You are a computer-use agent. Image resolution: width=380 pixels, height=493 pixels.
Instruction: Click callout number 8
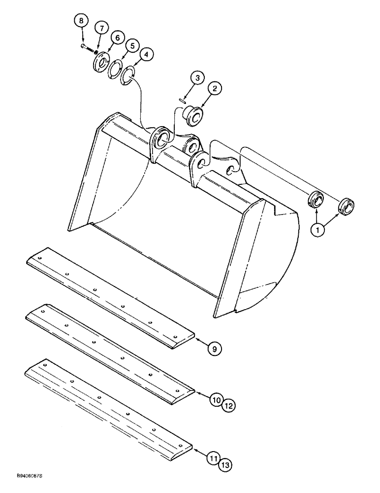point(82,21)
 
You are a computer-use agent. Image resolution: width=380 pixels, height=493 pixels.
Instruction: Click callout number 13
point(225,464)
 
